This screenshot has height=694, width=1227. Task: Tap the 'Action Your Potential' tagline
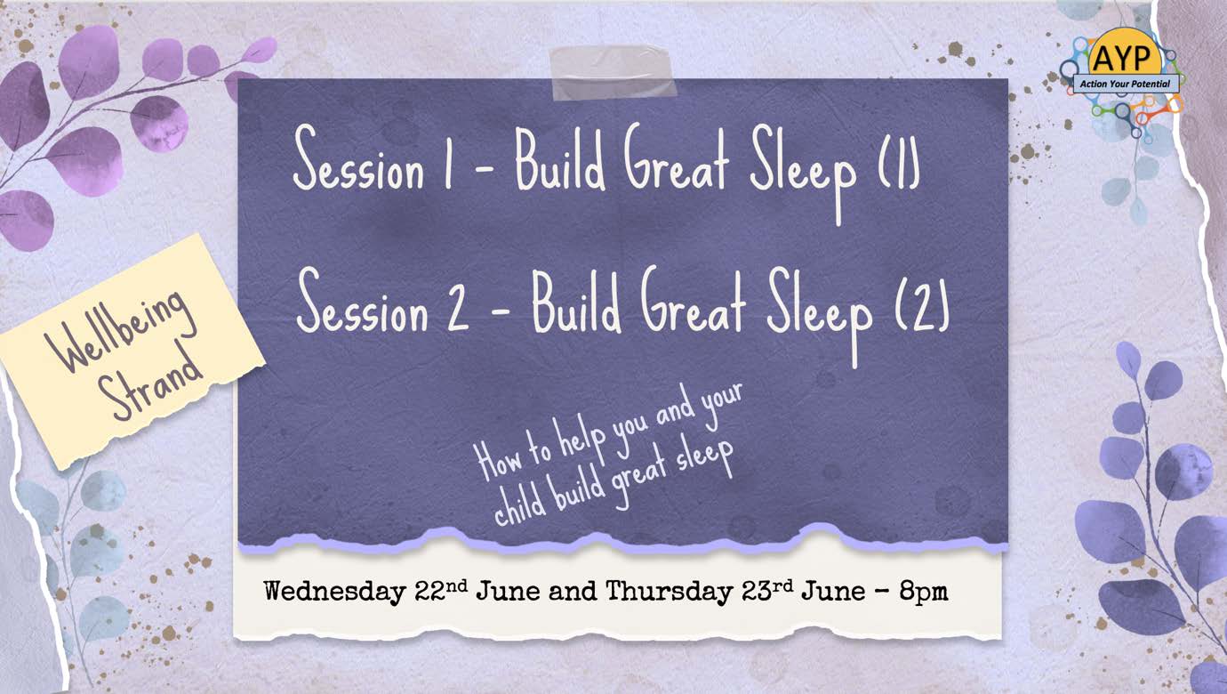[x=1125, y=84]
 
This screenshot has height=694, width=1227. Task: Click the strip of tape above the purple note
[x=613, y=73]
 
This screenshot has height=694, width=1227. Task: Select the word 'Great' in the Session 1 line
[x=676, y=159]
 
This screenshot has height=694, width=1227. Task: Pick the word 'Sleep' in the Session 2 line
[x=820, y=316]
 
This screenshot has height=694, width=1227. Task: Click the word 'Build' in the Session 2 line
[x=577, y=303]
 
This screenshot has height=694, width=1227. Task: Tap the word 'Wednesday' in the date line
[x=334, y=592]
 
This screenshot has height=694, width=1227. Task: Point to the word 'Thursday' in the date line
[x=670, y=592]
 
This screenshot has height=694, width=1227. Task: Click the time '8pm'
[x=923, y=592]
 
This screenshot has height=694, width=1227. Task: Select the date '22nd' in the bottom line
[x=442, y=590]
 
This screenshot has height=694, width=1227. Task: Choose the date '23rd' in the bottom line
[x=767, y=590]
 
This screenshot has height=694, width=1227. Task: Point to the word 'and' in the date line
[x=573, y=592]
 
